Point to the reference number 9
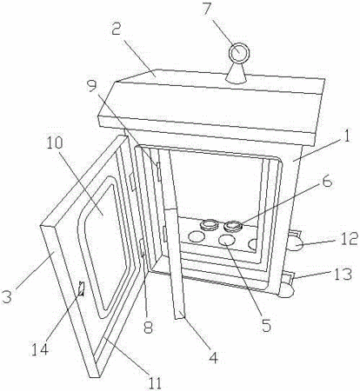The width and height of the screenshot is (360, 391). point(92,85)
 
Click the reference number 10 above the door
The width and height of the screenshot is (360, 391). point(55,142)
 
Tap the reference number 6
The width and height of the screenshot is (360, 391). point(327,182)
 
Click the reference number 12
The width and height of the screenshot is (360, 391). point(349,239)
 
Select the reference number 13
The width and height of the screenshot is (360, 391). point(343,274)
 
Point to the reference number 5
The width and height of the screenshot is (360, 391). point(265,325)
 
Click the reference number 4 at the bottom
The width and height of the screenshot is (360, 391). point(214,357)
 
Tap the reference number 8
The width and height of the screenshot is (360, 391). point(148,328)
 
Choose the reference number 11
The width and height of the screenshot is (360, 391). point(155,383)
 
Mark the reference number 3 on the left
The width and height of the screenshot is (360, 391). point(7,296)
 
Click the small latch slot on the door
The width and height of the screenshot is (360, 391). point(82,288)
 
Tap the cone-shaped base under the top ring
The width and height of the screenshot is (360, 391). point(237,73)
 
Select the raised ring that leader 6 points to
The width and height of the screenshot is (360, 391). point(233,226)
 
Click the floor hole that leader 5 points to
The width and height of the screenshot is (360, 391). point(227,240)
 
